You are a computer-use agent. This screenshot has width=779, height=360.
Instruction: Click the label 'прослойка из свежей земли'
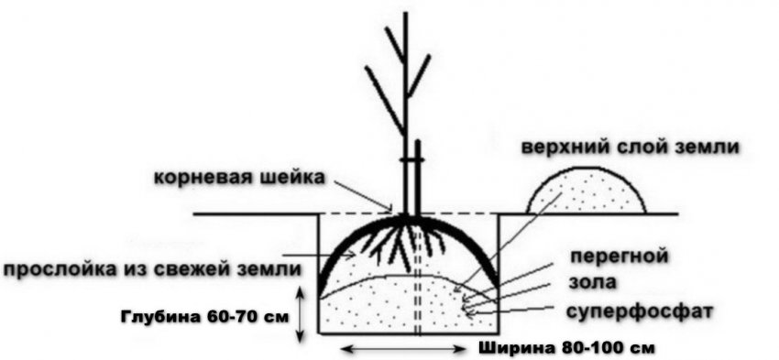pos(151,269)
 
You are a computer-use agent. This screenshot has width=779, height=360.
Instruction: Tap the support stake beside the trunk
pos(416,174)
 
